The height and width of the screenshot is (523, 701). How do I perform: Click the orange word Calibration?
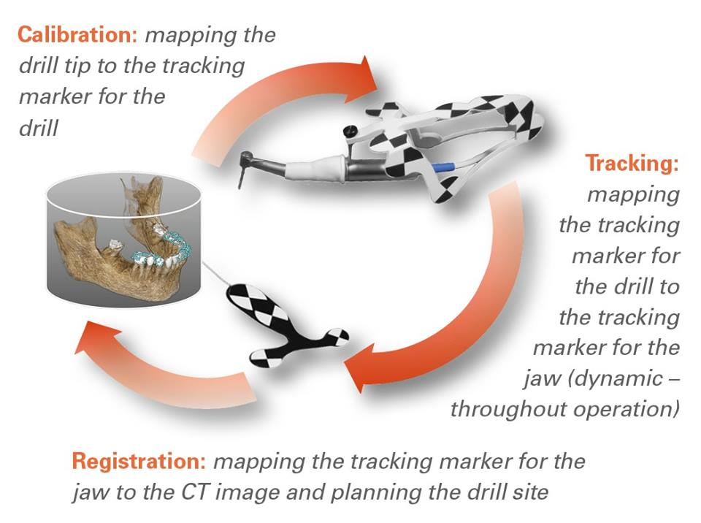point(77,34)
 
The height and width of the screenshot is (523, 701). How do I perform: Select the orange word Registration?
point(139,461)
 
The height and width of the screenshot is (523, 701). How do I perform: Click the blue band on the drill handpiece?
point(443,168)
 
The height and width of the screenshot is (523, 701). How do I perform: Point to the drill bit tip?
point(240,188)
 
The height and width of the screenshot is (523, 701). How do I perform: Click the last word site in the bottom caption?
point(532,492)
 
